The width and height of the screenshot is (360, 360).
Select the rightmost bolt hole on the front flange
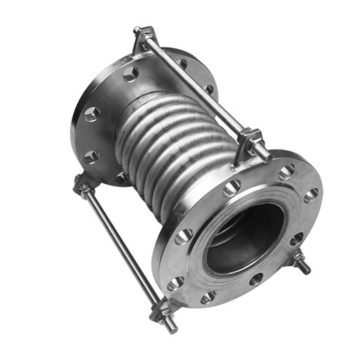[311, 195]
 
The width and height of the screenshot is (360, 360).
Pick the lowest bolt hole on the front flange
[208, 298]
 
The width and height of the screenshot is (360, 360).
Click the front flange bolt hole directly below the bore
[256, 279]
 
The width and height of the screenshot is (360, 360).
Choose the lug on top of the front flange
[249, 142]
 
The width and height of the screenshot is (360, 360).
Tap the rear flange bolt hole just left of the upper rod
[130, 73]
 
